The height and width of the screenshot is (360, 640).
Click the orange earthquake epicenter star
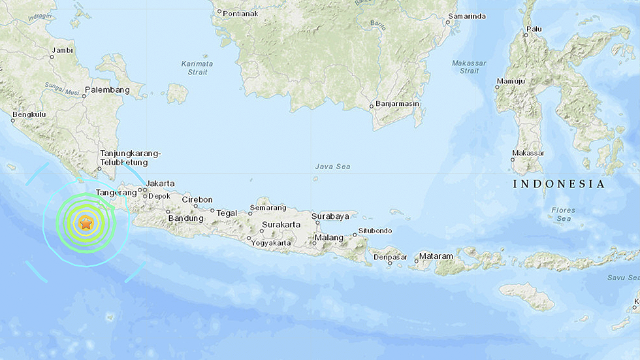coord(86,223)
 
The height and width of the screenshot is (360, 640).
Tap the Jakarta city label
coord(161,184)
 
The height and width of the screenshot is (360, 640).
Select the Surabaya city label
coord(330,216)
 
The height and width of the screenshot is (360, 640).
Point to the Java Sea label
coord(332,167)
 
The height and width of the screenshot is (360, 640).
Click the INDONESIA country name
coord(559,184)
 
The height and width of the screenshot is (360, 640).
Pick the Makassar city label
coord(528,153)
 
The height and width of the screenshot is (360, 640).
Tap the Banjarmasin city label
coord(398,104)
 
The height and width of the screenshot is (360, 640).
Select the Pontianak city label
coord(241,12)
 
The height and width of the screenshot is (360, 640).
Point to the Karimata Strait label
coord(197,68)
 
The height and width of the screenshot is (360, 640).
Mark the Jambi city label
coord(63,50)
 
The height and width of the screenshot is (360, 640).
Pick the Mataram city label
coord(436,255)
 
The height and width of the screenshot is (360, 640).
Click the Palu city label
coord(534,29)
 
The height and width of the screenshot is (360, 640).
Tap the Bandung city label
coord(186,218)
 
